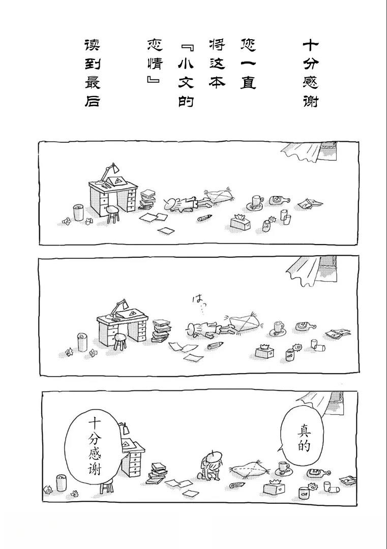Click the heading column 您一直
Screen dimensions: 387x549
pyautogui.click(x=248, y=64)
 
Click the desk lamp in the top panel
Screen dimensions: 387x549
pyautogui.click(x=107, y=173)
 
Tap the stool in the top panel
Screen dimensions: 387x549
pyautogui.click(x=112, y=214)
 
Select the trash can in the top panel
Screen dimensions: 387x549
pyautogui.click(x=78, y=212)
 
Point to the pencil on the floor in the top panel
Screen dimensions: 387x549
pyautogui.click(x=204, y=218)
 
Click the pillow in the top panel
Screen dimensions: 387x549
pyautogui.click(x=219, y=195)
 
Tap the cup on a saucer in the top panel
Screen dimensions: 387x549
pyautogui.click(x=257, y=202)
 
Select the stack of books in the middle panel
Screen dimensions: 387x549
pyautogui.click(x=161, y=330)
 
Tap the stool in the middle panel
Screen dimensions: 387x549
pyautogui.click(x=120, y=341)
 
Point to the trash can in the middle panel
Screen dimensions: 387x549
pyautogui.click(x=82, y=342)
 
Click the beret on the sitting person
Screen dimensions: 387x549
pyautogui.click(x=213, y=456)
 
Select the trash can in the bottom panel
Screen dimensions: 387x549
pyautogui.click(x=62, y=483)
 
